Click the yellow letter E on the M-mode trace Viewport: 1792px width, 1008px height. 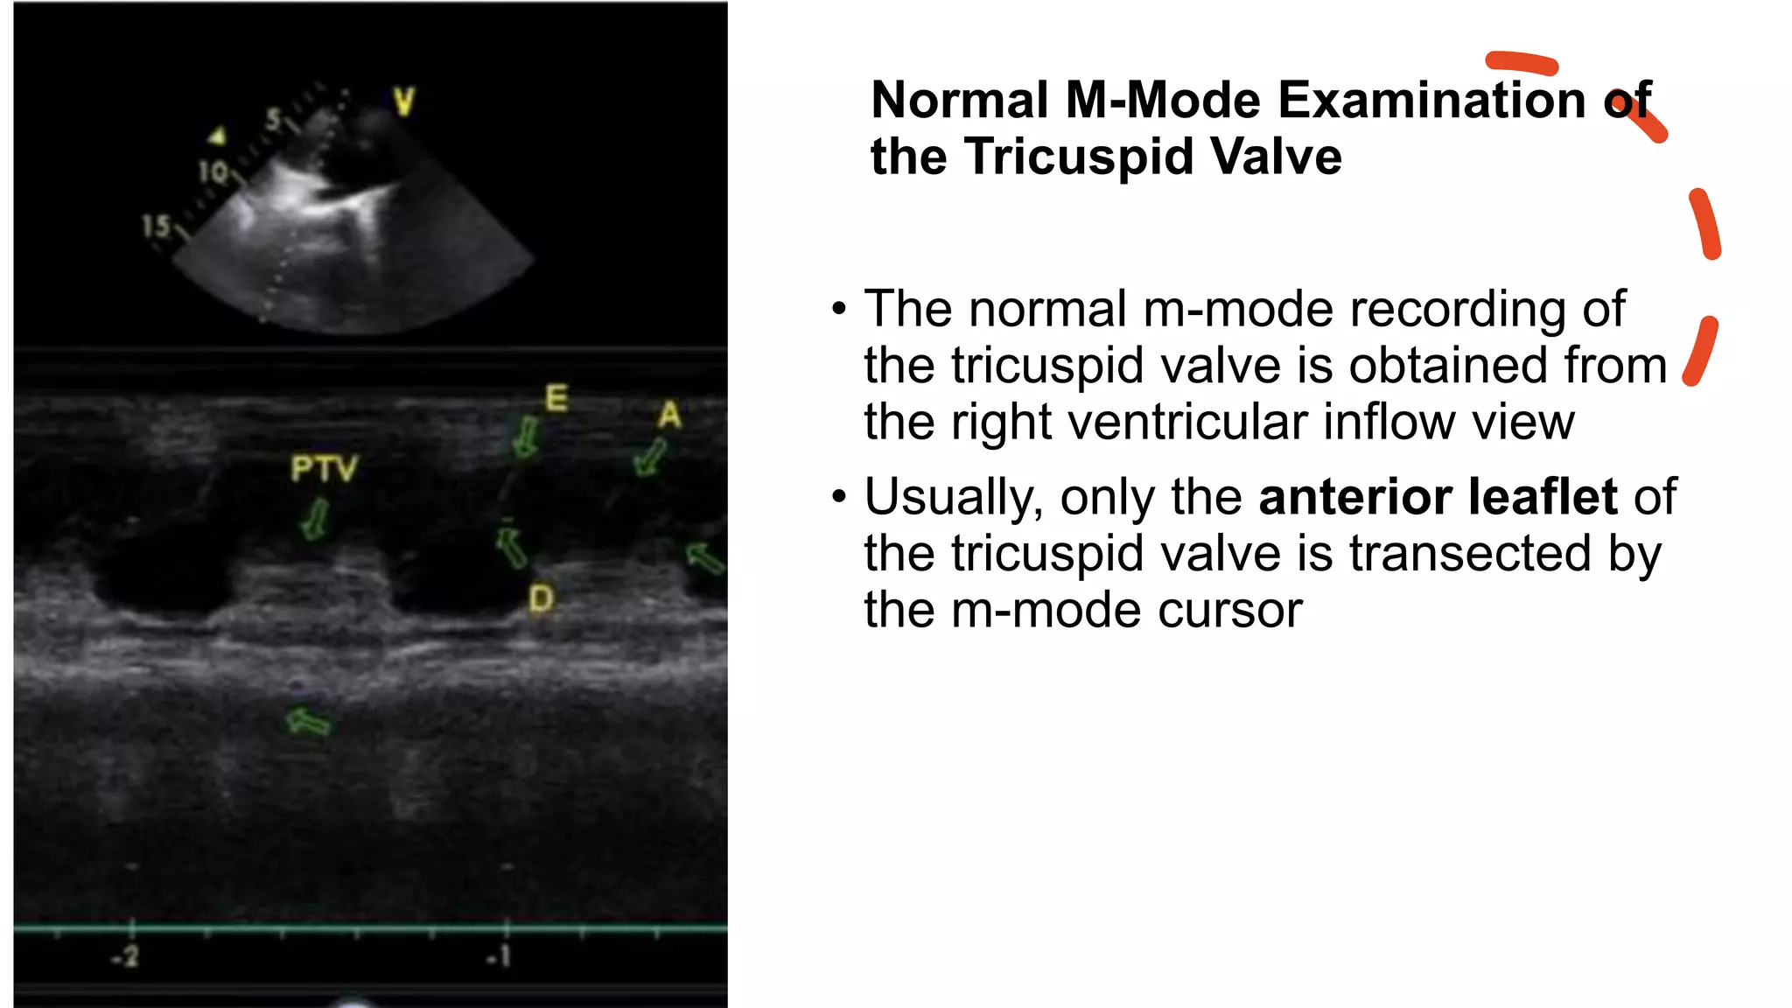[556, 398]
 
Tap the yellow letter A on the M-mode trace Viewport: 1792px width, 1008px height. [669, 415]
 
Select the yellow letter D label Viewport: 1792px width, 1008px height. [541, 599]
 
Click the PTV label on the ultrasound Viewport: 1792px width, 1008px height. [324, 468]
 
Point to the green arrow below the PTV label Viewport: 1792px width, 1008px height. [315, 520]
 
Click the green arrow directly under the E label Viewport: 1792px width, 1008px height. [526, 436]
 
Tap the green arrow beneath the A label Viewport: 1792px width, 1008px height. [650, 457]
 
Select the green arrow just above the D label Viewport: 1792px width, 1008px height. [511, 547]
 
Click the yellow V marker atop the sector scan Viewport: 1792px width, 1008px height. [403, 101]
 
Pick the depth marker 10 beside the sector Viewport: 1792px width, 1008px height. [213, 171]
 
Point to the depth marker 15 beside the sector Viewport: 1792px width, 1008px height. [156, 227]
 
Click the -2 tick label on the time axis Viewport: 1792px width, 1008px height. [126, 956]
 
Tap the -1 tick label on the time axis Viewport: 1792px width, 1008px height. [499, 956]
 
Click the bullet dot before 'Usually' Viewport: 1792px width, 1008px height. [839, 497]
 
